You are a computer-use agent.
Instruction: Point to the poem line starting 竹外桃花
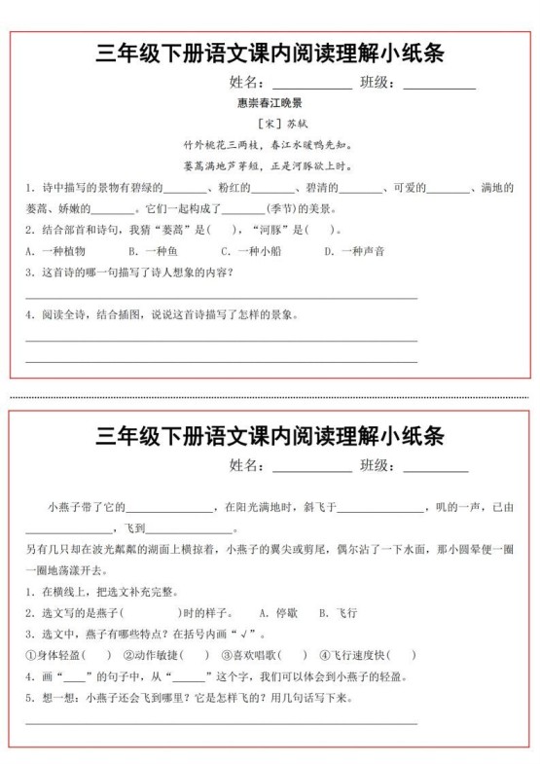pyautogui.click(x=270, y=144)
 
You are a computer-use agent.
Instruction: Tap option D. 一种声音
pyautogui.click(x=354, y=251)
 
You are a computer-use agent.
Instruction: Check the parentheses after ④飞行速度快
pyautogui.click(x=401, y=655)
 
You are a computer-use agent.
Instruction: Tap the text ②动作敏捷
pyautogui.click(x=148, y=655)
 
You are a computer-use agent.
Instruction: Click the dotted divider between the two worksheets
pyautogui.click(x=270, y=397)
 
